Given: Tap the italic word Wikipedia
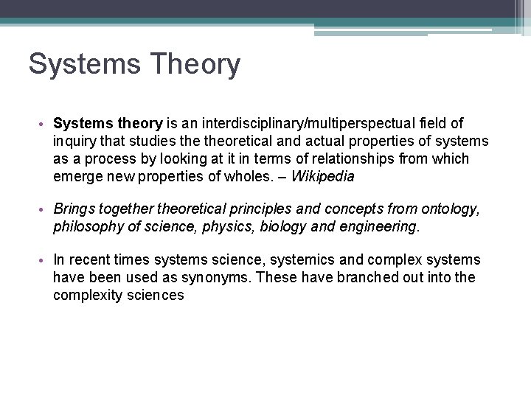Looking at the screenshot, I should pyautogui.click(x=323, y=177).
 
